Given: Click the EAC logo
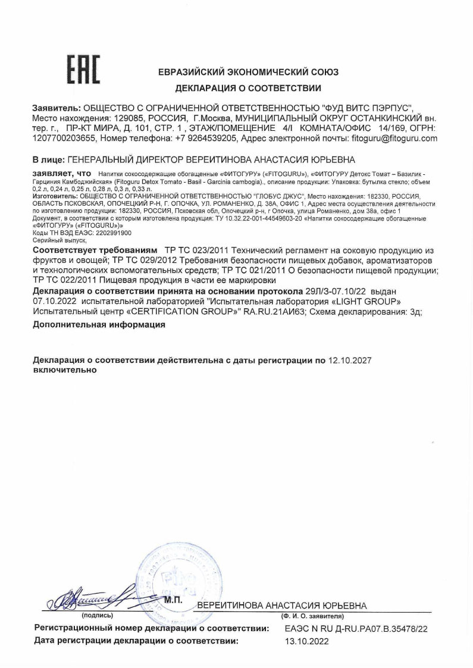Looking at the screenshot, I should coord(83,70).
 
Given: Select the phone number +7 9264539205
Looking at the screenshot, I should coord(205,138).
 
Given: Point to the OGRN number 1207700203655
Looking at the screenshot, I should coord(64,138).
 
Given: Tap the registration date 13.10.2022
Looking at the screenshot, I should coord(307,642).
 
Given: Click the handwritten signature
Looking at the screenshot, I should coord(95,596).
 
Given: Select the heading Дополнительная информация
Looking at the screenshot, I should coord(99,325).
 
